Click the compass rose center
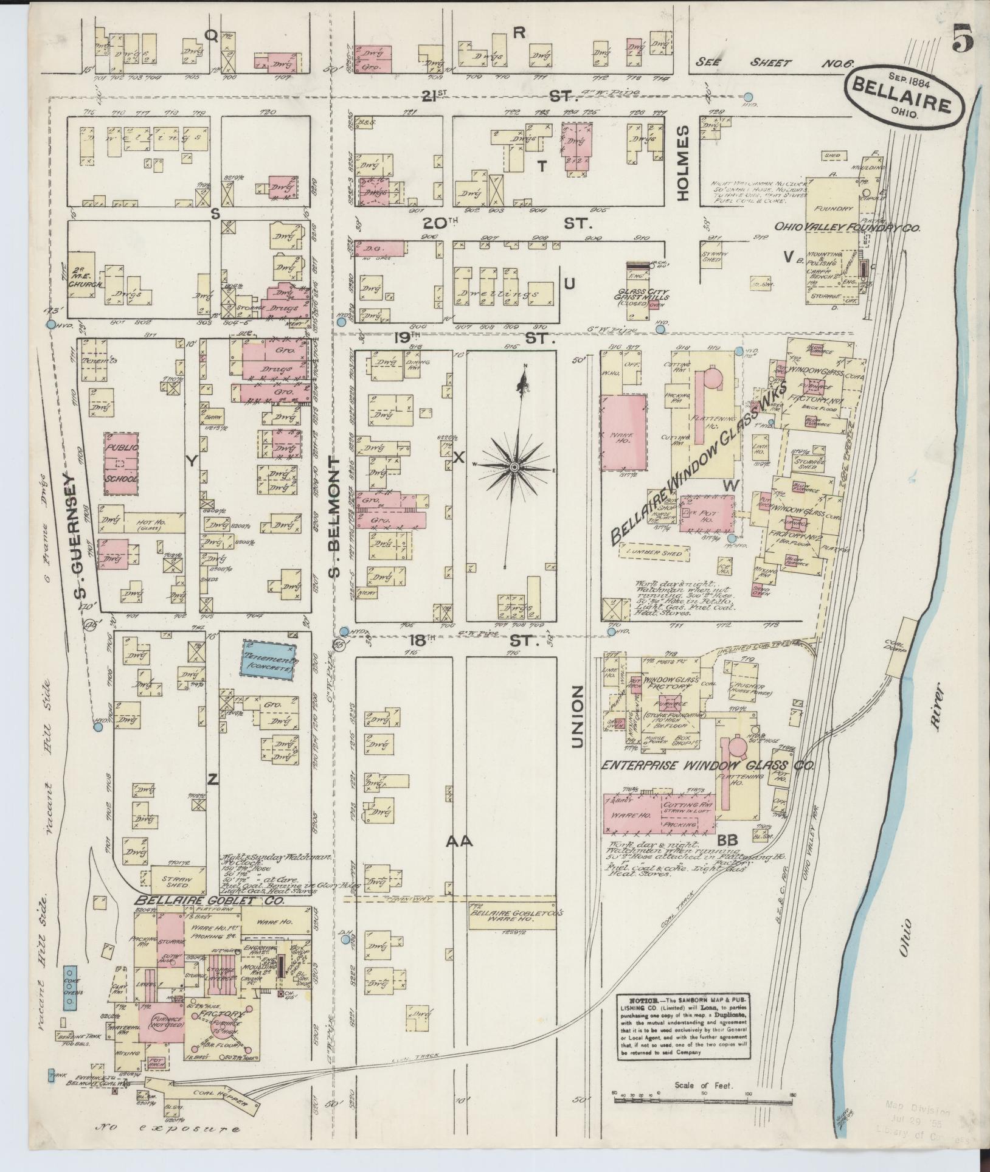pyautogui.click(x=514, y=466)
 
